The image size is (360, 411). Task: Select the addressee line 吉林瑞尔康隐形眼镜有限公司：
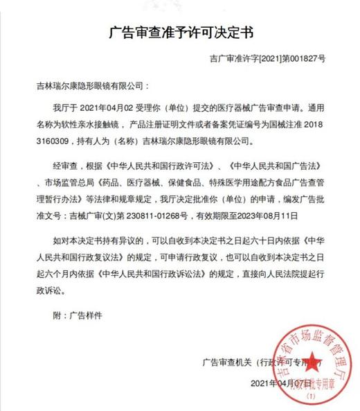point(91,88)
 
